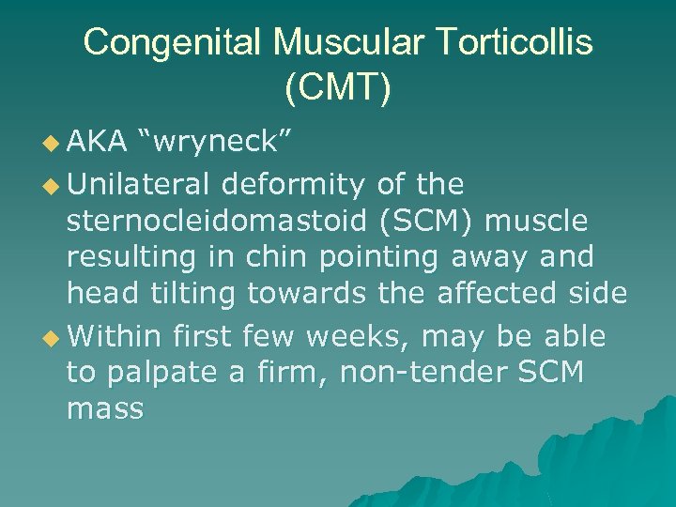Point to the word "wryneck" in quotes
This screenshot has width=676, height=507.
click(217, 142)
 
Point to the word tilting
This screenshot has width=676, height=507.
click(195, 294)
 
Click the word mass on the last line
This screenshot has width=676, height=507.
click(105, 409)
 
